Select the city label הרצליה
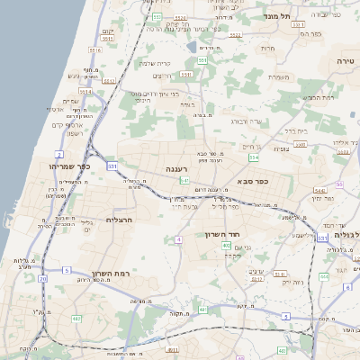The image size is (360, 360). point(119,220)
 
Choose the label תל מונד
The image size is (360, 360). point(274,16)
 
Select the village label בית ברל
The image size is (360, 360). point(296,130)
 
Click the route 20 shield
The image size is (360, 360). point(42,278)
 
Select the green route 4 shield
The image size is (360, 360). point(178,239)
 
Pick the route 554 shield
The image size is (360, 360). point(255,157)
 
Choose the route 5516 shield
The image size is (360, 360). point(88,91)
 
